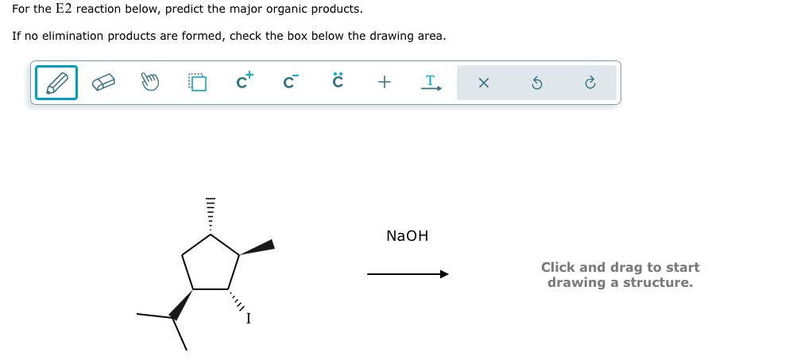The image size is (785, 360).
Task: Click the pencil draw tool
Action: coord(56,83)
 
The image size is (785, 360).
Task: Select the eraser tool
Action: coord(104,83)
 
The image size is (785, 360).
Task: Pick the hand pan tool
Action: coord(150,83)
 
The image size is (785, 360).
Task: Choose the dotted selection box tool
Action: coord(196,83)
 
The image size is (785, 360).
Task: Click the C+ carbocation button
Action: coord(244,82)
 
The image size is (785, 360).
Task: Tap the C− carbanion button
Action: coord(290,82)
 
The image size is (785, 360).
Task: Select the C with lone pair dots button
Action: coord(338,82)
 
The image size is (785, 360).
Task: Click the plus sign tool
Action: coord(385,83)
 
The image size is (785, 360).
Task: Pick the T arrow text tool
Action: coord(431,83)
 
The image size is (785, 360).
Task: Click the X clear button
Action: coord(484,83)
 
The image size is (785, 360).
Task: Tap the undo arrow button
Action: coord(536,83)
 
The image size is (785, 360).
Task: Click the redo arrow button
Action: coord(590,83)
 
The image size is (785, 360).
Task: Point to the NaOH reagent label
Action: coord(407,236)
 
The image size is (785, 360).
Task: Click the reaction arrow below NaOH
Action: coord(408,274)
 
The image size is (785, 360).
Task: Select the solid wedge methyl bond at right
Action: coord(257,247)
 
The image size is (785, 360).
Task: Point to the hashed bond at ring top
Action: coord(211,215)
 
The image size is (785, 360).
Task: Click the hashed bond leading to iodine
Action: coord(235,302)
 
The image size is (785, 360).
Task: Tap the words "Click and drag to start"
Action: coord(620,267)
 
